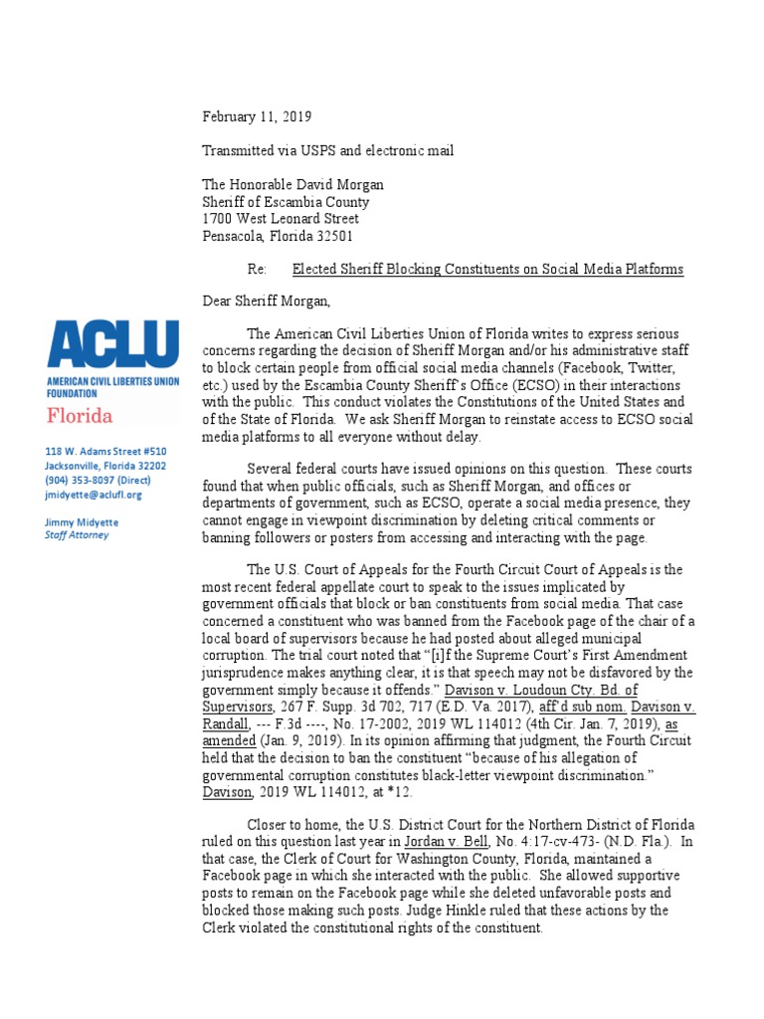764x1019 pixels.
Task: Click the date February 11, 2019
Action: pyautogui.click(x=257, y=117)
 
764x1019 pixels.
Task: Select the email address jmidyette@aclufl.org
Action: pyautogui.click(x=95, y=494)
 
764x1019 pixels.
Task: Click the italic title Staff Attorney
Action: pyautogui.click(x=78, y=534)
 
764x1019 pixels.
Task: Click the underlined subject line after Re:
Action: pyautogui.click(x=487, y=270)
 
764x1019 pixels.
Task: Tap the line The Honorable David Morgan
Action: pyautogui.click(x=292, y=185)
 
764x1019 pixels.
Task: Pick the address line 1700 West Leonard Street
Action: pyautogui.click(x=281, y=218)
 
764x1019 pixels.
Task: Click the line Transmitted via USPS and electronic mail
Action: pyautogui.click(x=328, y=151)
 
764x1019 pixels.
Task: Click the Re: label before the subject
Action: pyautogui.click(x=258, y=270)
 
